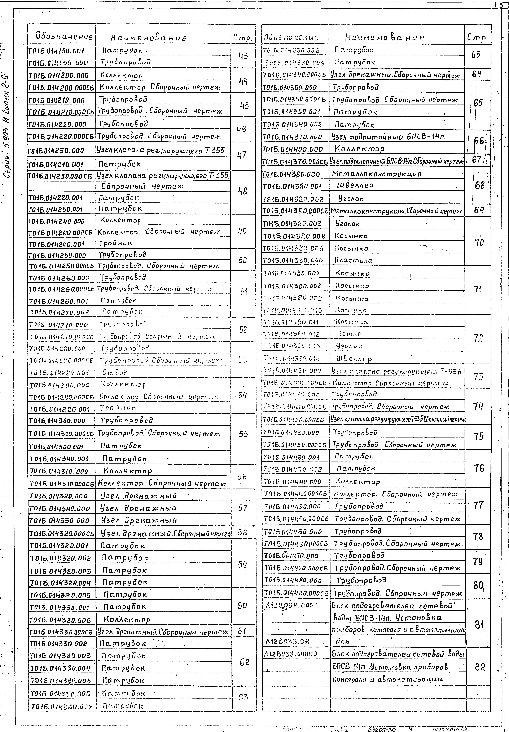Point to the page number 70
click(x=479, y=243)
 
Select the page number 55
click(x=243, y=434)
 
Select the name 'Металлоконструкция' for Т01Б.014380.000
click(x=376, y=174)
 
